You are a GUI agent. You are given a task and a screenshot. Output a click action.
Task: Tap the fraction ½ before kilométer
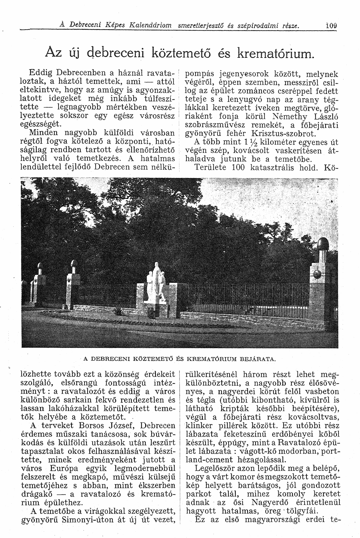tap(251, 143)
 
